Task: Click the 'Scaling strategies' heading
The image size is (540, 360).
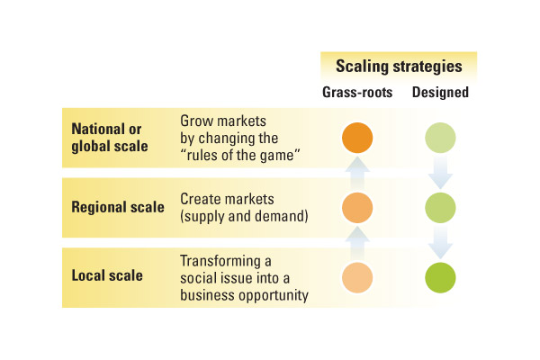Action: coord(399,67)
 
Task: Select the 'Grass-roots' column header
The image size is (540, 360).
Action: coord(357,93)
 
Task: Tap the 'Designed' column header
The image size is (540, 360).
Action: coord(440,93)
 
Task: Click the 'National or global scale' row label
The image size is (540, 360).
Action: coord(110,138)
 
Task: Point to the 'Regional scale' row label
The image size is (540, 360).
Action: coord(118,207)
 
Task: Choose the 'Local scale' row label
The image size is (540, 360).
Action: coord(107,275)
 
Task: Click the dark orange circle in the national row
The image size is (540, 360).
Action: coord(357,138)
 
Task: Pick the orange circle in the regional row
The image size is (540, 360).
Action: coord(357,208)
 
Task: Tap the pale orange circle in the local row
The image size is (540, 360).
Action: coord(357,278)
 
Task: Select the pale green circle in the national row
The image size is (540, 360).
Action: coord(440,138)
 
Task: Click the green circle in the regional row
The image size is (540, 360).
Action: coord(440,208)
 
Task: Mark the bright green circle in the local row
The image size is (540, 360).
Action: coord(440,278)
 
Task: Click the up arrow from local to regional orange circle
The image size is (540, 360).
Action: coord(357,243)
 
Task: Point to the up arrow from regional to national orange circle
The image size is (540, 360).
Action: coord(357,174)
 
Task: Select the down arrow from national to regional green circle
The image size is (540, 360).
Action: coord(440,172)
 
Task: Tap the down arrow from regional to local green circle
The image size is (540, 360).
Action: coord(440,242)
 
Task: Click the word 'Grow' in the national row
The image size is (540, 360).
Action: coord(194,121)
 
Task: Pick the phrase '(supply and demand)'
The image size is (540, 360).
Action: coord(244,216)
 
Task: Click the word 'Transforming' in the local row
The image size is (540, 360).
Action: coord(220,261)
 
